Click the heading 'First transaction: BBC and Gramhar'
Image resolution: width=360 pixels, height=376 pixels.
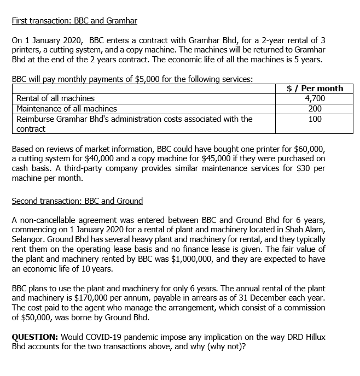tap(74, 21)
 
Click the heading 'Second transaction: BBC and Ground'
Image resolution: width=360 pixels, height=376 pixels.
tap(77, 201)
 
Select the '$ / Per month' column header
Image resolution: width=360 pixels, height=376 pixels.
tap(315, 89)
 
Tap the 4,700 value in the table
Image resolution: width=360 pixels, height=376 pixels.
tap(315, 98)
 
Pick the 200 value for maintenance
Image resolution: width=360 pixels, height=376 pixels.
tap(315, 109)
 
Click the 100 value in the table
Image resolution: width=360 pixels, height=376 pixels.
tap(315, 119)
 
